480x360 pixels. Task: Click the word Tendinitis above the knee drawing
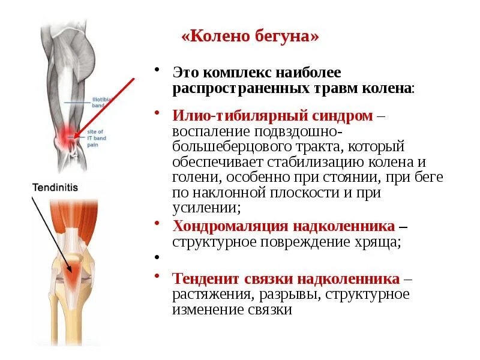tap(55, 187)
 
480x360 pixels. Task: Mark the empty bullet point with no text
tap(157, 257)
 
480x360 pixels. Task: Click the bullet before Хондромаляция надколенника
tap(157, 224)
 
